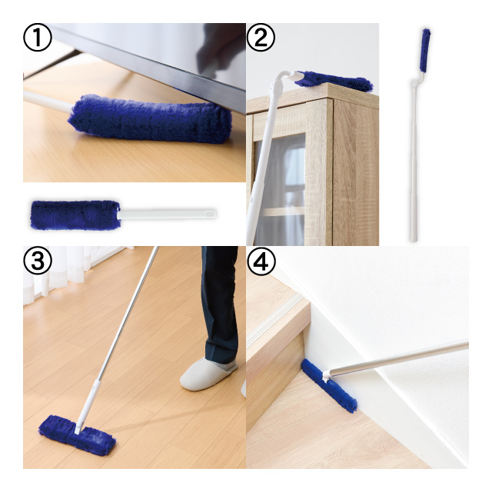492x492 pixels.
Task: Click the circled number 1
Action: coord(38,38)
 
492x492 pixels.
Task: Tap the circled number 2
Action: coord(261,38)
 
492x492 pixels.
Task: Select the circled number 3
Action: coord(38,261)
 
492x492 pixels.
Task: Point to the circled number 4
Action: coord(261,261)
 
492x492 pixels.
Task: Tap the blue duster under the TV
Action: coord(150,118)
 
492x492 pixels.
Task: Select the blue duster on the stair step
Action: coord(329,386)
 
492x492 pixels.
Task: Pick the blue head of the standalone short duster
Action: coord(75,215)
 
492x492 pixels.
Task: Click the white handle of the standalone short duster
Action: coord(168,214)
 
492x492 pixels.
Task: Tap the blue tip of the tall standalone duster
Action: coord(425,50)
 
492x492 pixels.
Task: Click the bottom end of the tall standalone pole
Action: coord(414,241)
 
